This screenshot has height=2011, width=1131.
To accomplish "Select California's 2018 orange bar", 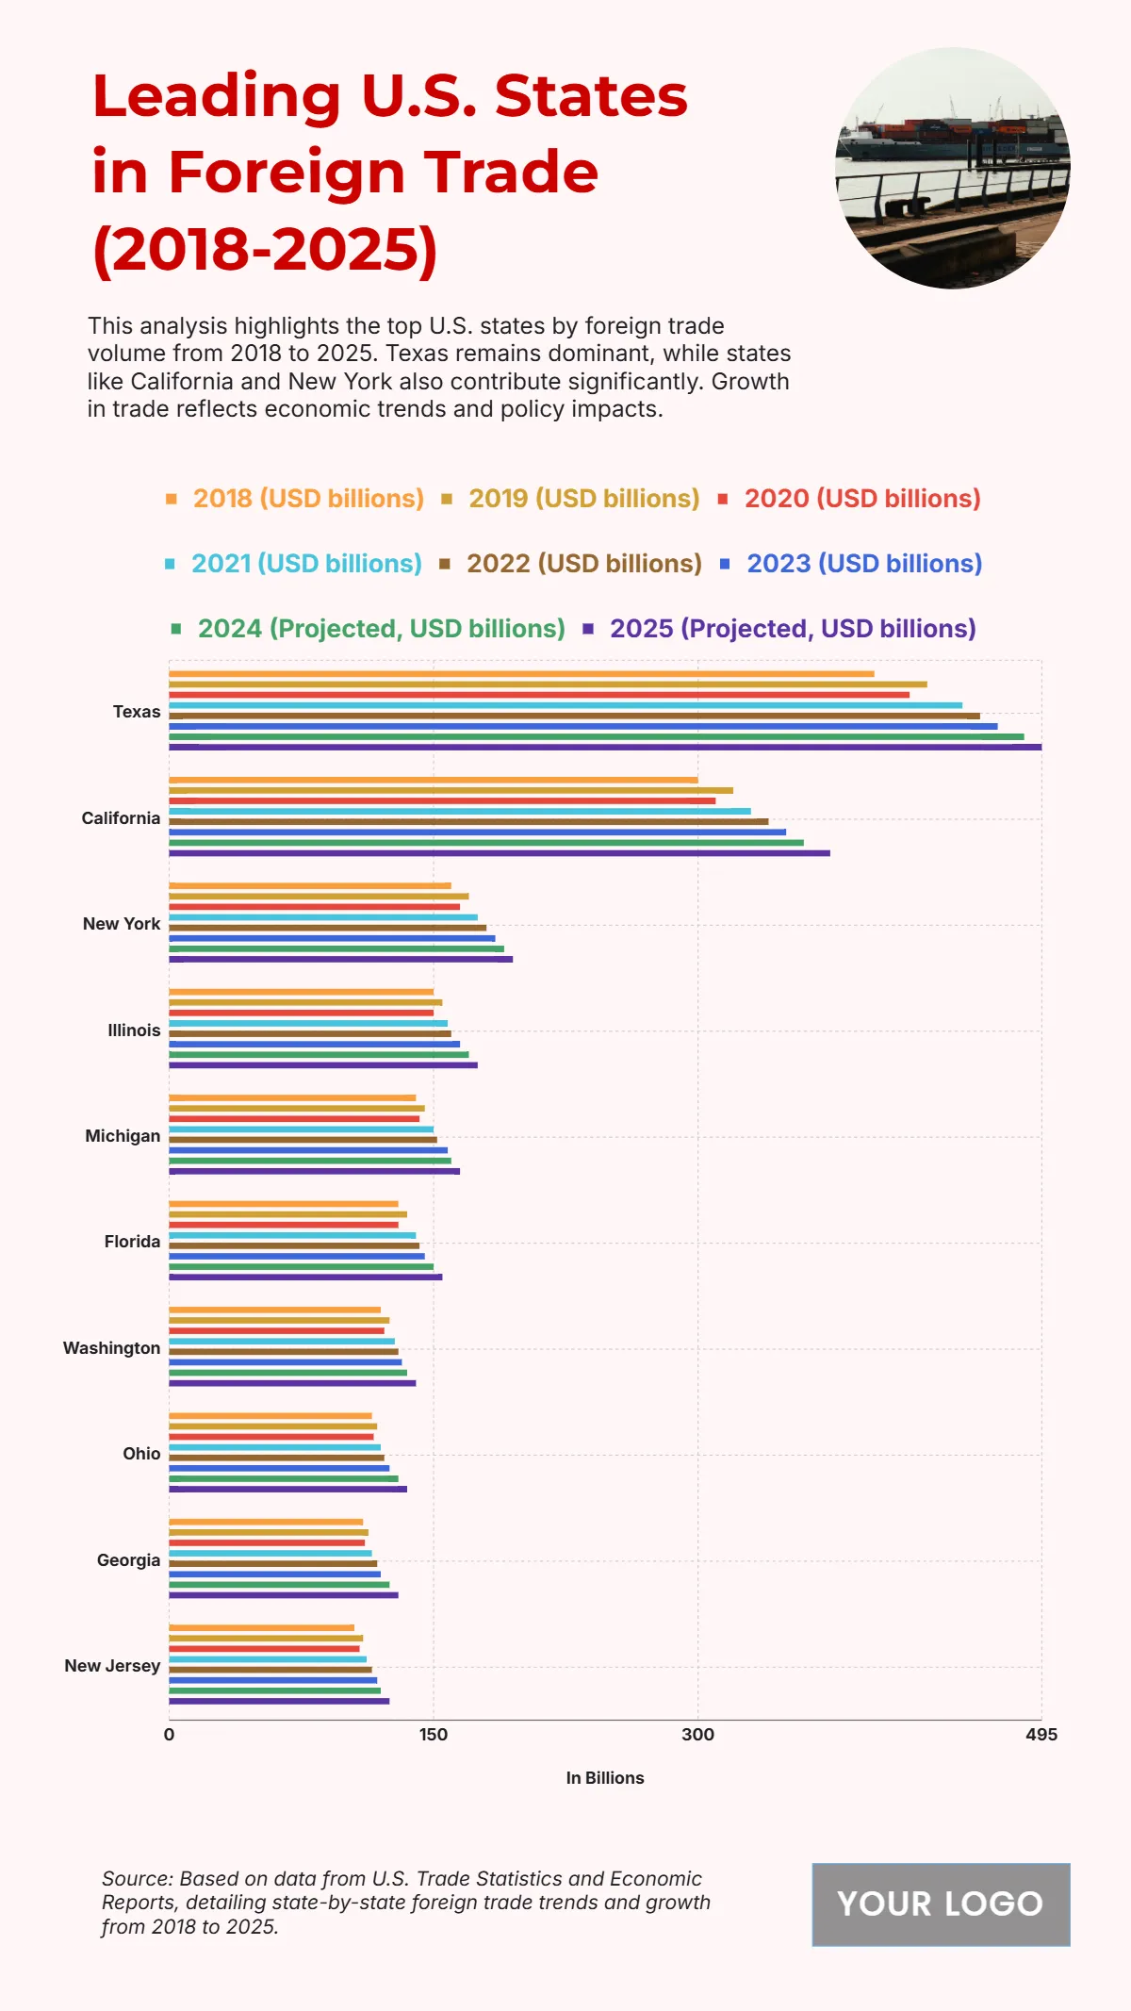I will pyautogui.click(x=434, y=780).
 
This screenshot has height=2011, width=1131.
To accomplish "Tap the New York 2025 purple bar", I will pyautogui.click(x=340, y=959).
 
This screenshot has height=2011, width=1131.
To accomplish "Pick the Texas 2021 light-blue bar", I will pyautogui.click(x=565, y=705).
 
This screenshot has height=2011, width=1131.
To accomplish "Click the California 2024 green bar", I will pyautogui.click(x=486, y=843).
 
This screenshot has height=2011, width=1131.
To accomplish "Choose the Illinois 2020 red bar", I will pyautogui.click(x=301, y=1013).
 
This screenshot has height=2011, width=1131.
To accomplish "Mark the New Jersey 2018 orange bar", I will pyautogui.click(x=261, y=1627).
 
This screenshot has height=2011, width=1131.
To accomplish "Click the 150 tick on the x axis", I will pyautogui.click(x=434, y=1735).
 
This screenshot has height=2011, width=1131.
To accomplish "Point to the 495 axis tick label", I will pyautogui.click(x=1041, y=1735).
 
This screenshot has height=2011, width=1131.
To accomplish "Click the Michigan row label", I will pyautogui.click(x=123, y=1136).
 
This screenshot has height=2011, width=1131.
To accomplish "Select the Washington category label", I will pyautogui.click(x=111, y=1348).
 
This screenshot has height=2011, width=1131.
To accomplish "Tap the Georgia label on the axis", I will pyautogui.click(x=128, y=1560).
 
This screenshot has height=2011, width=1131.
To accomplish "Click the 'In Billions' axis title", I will pyautogui.click(x=605, y=1778).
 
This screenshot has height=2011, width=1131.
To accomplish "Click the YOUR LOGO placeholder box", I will pyautogui.click(x=941, y=1904).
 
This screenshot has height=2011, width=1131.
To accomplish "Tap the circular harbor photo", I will pyautogui.click(x=953, y=168).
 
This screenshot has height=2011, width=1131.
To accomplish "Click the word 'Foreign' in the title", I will pyautogui.click(x=287, y=173).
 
